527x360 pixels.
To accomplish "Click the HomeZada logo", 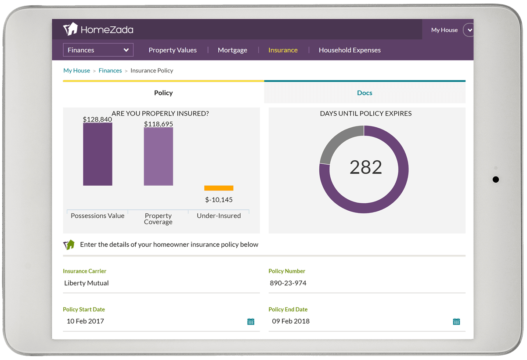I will pyautogui.click(x=98, y=29).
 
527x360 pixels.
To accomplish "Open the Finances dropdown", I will pyautogui.click(x=98, y=50).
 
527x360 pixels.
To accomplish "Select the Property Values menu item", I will pyautogui.click(x=173, y=50).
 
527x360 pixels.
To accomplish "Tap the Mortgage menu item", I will pyautogui.click(x=232, y=50).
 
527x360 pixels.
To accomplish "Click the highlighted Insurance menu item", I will pyautogui.click(x=283, y=50).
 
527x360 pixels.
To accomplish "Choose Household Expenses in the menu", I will pyautogui.click(x=350, y=50).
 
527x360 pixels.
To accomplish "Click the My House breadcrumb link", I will pyautogui.click(x=76, y=70).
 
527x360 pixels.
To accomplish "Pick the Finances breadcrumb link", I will pyautogui.click(x=110, y=70).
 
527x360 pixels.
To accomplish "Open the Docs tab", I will pyautogui.click(x=365, y=93).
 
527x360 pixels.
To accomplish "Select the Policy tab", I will pyautogui.click(x=163, y=93).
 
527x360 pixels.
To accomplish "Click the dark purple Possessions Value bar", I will pyautogui.click(x=97, y=154).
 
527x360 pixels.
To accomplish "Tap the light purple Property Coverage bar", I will pyautogui.click(x=158, y=156).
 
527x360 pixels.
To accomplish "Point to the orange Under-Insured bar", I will pyautogui.click(x=219, y=188).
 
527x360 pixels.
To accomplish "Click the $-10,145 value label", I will pyautogui.click(x=219, y=200).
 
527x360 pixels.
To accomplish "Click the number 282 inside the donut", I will pyautogui.click(x=366, y=167).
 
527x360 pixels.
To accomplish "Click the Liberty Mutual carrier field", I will pyautogui.click(x=161, y=283).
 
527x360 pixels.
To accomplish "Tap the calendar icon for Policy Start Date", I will pyautogui.click(x=251, y=321).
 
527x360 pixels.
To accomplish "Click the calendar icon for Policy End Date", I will pyautogui.click(x=456, y=321).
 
